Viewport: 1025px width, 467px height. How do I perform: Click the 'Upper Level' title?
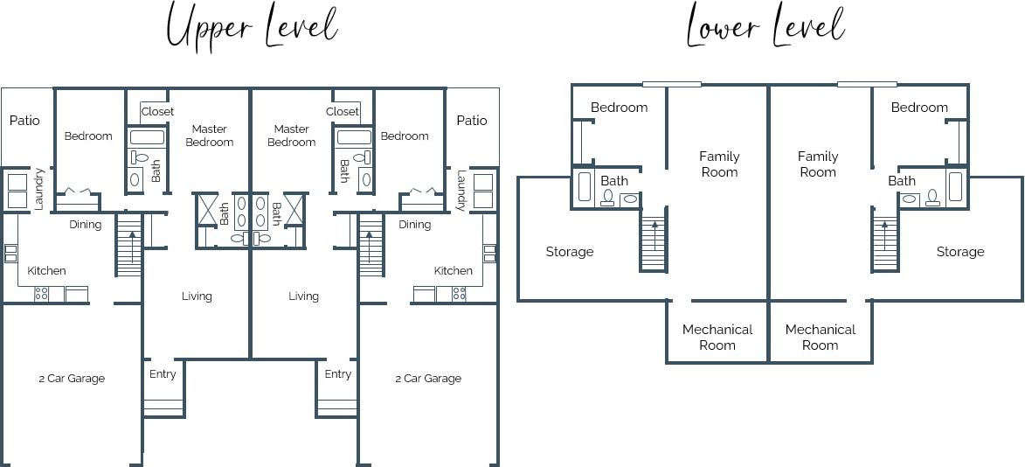point(252,27)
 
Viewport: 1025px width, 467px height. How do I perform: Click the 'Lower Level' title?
point(765,27)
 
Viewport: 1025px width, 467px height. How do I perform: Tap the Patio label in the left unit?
point(24,121)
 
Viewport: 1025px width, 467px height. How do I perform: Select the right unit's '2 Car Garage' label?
point(428,379)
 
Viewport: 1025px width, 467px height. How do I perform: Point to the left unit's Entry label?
point(163,374)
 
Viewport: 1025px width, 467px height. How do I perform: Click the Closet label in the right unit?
point(343,111)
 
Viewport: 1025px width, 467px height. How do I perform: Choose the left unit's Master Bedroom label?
point(210,136)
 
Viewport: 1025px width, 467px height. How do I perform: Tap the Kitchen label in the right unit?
point(454,270)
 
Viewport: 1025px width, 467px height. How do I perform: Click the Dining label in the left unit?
point(86,225)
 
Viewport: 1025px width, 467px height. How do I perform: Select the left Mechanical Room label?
point(717,337)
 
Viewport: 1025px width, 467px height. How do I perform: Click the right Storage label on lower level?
point(960,252)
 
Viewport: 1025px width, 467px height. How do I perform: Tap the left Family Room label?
point(719,164)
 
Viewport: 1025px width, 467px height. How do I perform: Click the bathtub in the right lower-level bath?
point(955,186)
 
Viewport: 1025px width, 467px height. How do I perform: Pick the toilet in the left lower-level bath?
point(607,198)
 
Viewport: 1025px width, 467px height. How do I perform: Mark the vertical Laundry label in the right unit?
point(461,190)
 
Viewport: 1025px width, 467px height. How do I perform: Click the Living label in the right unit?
point(303,296)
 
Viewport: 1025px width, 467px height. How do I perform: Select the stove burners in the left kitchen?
point(42,295)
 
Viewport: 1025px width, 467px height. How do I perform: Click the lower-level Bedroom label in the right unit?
point(919,108)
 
